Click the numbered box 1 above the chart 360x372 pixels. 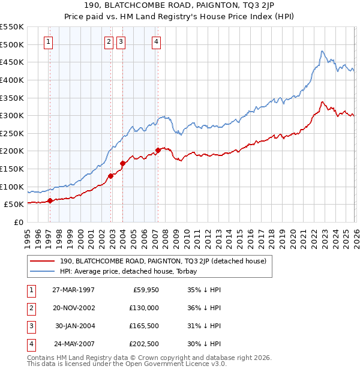(x=48, y=41)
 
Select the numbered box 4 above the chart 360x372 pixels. (x=156, y=41)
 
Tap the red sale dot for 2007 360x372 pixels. (x=158, y=150)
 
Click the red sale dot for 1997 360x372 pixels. (x=50, y=201)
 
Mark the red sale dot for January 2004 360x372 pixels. (x=122, y=163)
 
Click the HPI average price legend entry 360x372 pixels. (x=132, y=271)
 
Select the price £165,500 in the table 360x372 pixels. (x=143, y=326)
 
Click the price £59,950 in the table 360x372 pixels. (x=145, y=290)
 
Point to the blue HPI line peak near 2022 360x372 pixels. (x=322, y=51)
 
